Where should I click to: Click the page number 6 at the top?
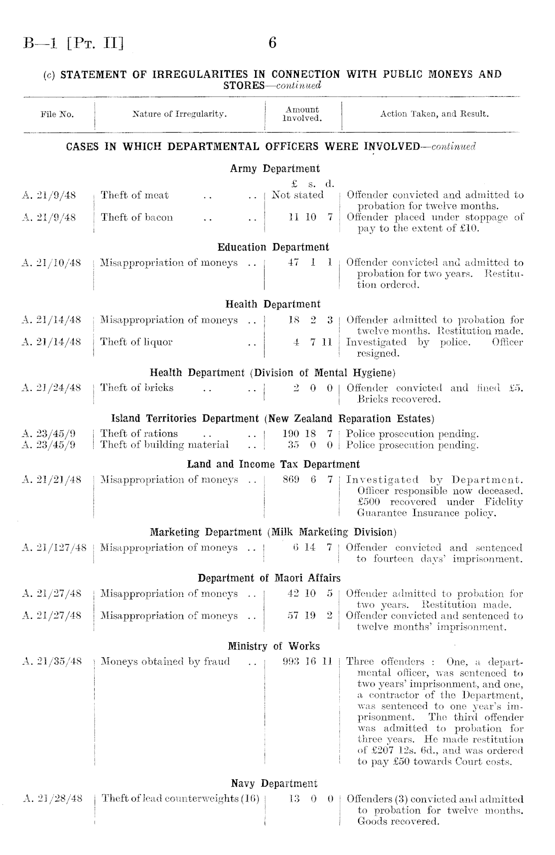272,43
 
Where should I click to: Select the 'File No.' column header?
57,115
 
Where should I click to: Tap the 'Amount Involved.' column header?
302,114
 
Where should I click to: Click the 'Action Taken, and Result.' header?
434,114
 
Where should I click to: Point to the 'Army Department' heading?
275,168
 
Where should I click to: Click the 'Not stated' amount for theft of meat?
297,195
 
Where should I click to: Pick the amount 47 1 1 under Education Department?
310,263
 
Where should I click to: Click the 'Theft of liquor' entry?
136,342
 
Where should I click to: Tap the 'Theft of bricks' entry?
137,388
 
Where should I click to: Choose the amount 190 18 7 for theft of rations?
307,433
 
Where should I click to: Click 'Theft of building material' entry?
164,444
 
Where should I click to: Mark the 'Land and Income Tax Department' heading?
273,464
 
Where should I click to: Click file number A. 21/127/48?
55,548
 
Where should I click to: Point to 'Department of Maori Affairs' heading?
269,578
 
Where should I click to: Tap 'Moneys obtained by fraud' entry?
165,662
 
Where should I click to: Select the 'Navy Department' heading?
274,784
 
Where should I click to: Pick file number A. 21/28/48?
52,799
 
